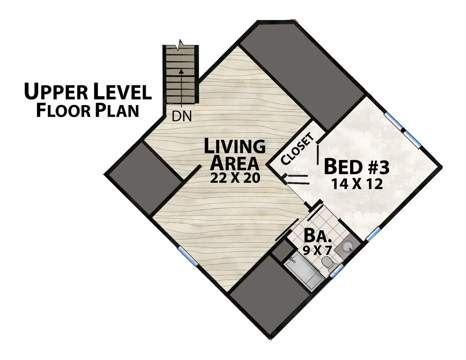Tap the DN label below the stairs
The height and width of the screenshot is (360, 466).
[x=182, y=116]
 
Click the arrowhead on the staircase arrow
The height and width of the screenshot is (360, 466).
[x=181, y=71]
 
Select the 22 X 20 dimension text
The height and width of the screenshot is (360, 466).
[x=235, y=178]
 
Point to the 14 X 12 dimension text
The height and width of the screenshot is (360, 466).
[x=357, y=184]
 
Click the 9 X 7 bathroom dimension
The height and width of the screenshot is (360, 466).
[x=318, y=250]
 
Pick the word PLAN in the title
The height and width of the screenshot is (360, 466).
[x=117, y=110]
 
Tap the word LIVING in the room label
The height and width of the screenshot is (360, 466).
[x=235, y=146]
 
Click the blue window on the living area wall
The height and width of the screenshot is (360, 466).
[x=187, y=257]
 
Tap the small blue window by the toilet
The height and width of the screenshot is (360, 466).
[x=337, y=271]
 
